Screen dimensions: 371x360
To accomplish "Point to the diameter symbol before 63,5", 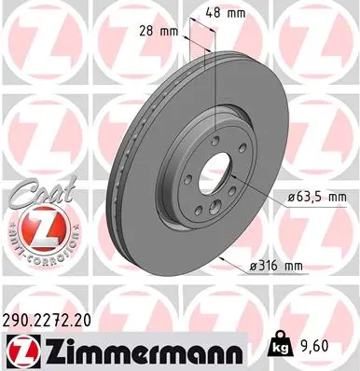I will pos(281,198).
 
